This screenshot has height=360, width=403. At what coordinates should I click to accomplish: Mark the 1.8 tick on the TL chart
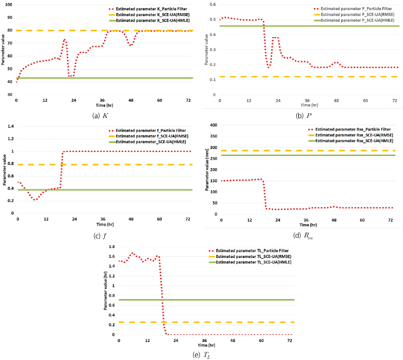pos(112,247)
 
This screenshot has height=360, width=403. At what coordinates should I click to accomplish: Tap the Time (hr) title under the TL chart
pos(204,345)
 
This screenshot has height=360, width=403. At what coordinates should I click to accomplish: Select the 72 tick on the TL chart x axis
pos(289,340)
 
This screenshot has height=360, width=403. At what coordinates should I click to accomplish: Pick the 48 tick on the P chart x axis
pos(335,101)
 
